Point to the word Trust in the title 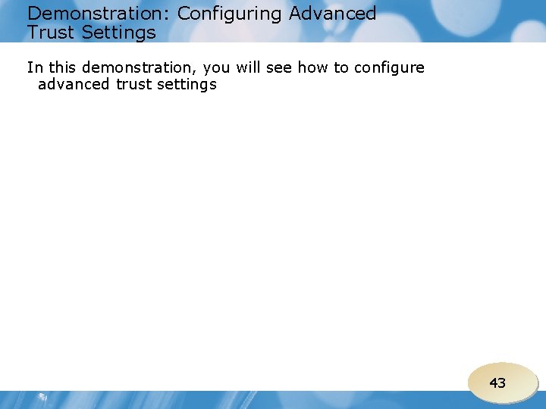51,33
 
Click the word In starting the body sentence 35,67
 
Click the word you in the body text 217,68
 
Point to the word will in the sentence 249,67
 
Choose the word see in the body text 280,68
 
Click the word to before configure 341,67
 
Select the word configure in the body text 390,68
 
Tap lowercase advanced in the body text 74,84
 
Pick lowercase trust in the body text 133,84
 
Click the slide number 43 497,383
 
